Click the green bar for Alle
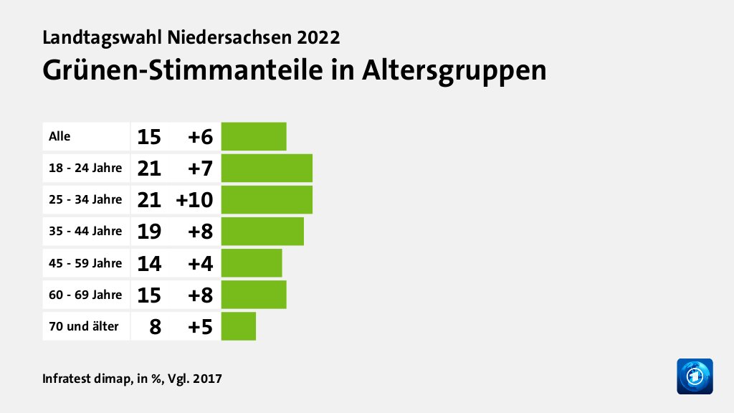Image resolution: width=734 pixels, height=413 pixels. (x=254, y=136)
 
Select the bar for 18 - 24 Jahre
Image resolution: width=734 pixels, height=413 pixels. (x=267, y=168)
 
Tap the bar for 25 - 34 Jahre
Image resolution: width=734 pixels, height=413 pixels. (x=267, y=199)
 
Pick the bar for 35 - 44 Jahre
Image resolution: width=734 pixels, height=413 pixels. (x=262, y=231)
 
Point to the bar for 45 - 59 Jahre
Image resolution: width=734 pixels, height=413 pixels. (x=252, y=263)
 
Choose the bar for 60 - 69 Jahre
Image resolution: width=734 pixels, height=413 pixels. (x=254, y=295)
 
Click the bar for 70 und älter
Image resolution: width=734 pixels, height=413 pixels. (x=239, y=326)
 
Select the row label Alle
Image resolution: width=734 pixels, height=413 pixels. (x=59, y=136)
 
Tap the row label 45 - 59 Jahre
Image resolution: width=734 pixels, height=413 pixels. (x=85, y=263)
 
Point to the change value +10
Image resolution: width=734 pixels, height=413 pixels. (x=194, y=200)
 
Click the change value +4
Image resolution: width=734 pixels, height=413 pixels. (x=200, y=263)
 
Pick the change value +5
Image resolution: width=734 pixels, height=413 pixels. (x=200, y=327)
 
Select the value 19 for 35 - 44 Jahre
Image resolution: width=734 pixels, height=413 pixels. (x=149, y=232)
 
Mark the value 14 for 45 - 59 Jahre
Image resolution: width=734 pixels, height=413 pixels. (x=149, y=263)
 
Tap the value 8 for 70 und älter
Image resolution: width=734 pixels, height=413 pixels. (x=155, y=327)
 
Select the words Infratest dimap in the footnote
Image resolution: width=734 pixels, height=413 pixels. (x=85, y=378)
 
